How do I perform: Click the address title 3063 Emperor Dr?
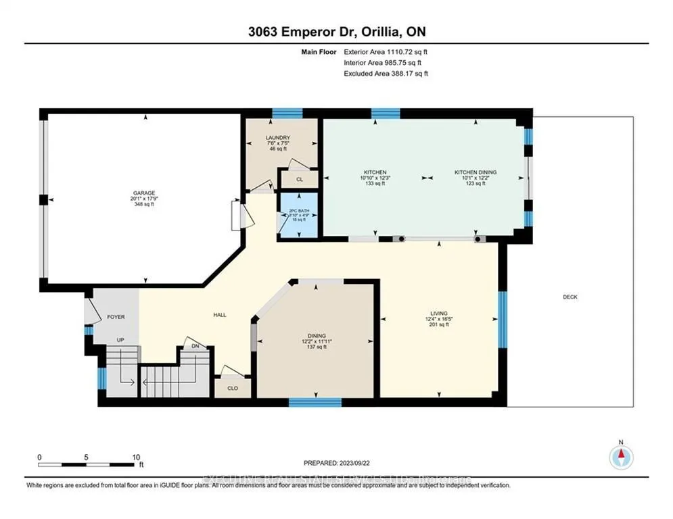pyautogui.click(x=336, y=31)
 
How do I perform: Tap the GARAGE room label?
pyautogui.click(x=143, y=193)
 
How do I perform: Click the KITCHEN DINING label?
pyautogui.click(x=475, y=172)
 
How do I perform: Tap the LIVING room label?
pyautogui.click(x=440, y=314)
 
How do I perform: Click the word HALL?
pyautogui.click(x=219, y=315)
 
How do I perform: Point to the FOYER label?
pyautogui.click(x=116, y=316)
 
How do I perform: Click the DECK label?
pyautogui.click(x=570, y=297)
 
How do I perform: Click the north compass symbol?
pyautogui.click(x=620, y=458)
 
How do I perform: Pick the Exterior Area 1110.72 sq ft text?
pyautogui.click(x=386, y=51)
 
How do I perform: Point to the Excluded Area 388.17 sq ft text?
pyautogui.click(x=386, y=74)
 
